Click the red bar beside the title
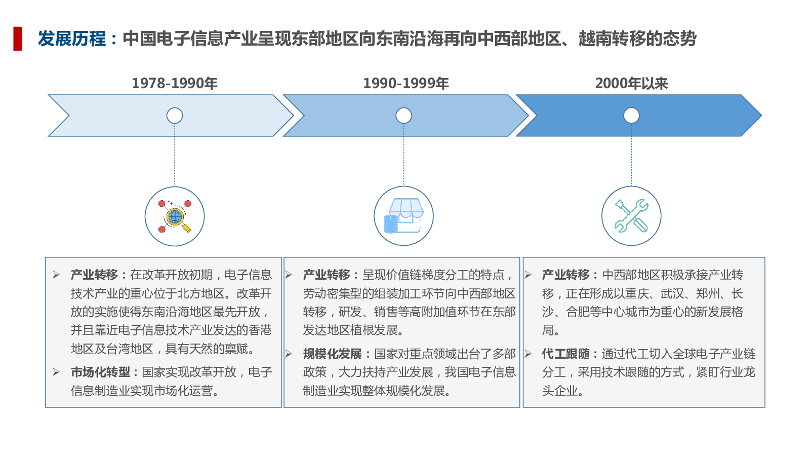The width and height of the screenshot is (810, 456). pyautogui.click(x=18, y=39)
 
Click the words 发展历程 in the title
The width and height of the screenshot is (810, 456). pyautogui.click(x=71, y=39)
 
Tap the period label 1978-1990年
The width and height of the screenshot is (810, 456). pyautogui.click(x=175, y=83)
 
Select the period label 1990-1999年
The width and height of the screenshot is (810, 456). pyautogui.click(x=406, y=83)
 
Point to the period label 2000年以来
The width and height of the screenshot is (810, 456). pyautogui.click(x=631, y=83)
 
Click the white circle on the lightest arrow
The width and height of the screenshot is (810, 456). pyautogui.click(x=175, y=116)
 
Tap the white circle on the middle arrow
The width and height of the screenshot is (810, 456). pyautogui.click(x=403, y=116)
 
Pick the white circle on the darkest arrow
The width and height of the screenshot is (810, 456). pyautogui.click(x=631, y=116)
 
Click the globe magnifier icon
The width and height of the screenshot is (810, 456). pyautogui.click(x=175, y=216)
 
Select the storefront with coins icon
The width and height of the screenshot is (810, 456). pyautogui.click(x=403, y=216)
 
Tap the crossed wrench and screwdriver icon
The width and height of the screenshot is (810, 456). pyautogui.click(x=631, y=216)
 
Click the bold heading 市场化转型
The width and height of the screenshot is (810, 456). pyautogui.click(x=101, y=372)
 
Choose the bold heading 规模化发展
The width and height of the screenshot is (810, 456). pyautogui.click(x=332, y=354)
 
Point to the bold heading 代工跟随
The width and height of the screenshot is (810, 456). pyautogui.click(x=565, y=354)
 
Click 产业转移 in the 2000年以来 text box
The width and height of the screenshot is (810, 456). pyautogui.click(x=565, y=275)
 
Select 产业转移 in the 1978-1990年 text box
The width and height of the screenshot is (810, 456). pyautogui.click(x=94, y=275)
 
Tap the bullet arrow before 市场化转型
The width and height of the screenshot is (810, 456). pyautogui.click(x=56, y=372)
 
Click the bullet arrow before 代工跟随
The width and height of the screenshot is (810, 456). pyautogui.click(x=528, y=354)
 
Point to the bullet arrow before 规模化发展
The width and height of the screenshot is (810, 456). pyautogui.click(x=289, y=354)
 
